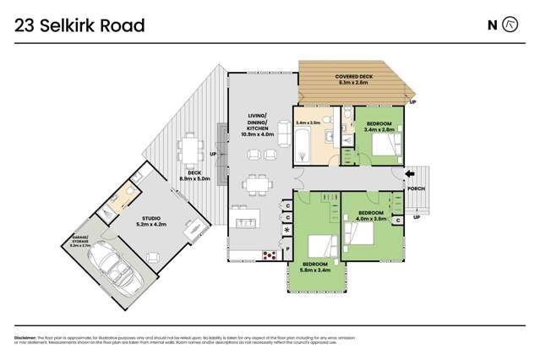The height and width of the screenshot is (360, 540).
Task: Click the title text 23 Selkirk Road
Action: tap(79, 25)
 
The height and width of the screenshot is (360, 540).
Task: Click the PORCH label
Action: tap(416, 189)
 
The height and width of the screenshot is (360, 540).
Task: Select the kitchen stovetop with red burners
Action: tap(270, 253)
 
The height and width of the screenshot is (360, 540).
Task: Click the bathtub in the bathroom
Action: tap(303, 149)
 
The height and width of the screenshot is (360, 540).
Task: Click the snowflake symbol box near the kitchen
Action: tap(287, 231)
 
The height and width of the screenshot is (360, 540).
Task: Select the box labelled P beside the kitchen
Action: tap(287, 250)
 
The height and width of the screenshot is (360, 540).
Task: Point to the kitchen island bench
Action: tap(248, 222)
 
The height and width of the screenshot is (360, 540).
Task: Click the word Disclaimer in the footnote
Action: tap(28, 337)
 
